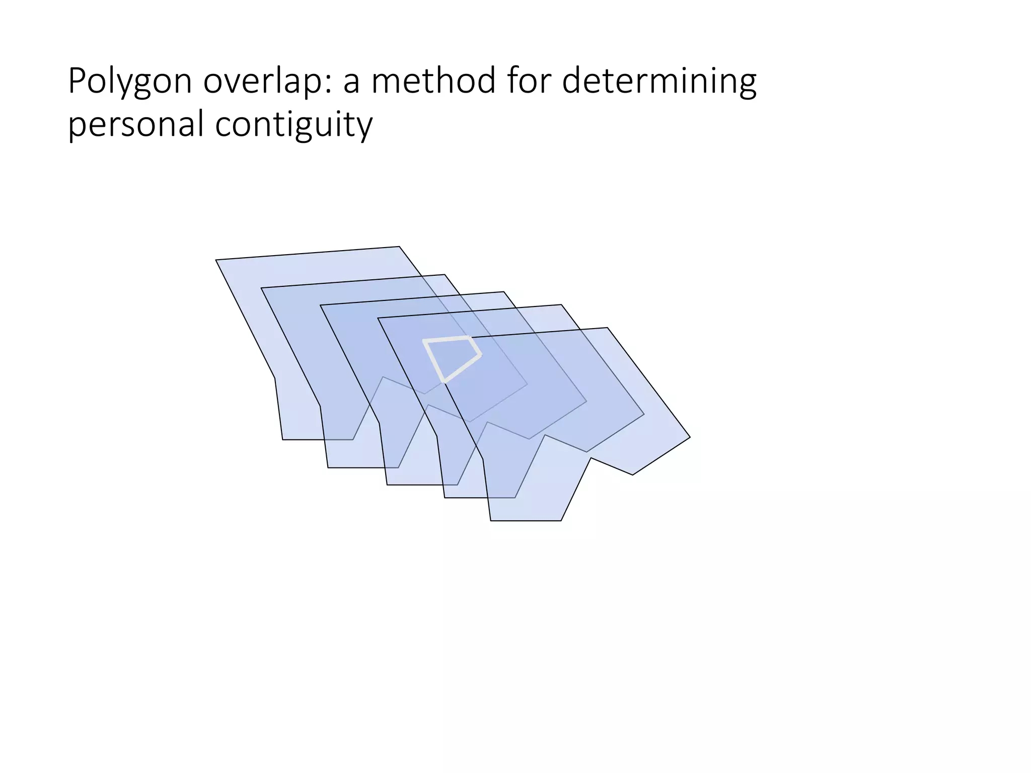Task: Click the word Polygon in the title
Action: coord(130,82)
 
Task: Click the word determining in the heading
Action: coord(659,82)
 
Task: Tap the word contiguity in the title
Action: coord(294,125)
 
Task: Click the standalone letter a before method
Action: coord(352,84)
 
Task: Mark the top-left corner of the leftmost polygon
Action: coord(216,260)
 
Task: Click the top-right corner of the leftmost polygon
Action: coord(399,247)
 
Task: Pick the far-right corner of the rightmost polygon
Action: coord(690,437)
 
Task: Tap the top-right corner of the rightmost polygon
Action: coord(608,328)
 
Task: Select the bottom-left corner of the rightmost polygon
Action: coord(491,520)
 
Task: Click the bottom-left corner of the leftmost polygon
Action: coord(283,439)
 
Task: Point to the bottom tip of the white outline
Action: coord(444,382)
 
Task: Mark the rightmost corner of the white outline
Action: coord(480,355)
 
